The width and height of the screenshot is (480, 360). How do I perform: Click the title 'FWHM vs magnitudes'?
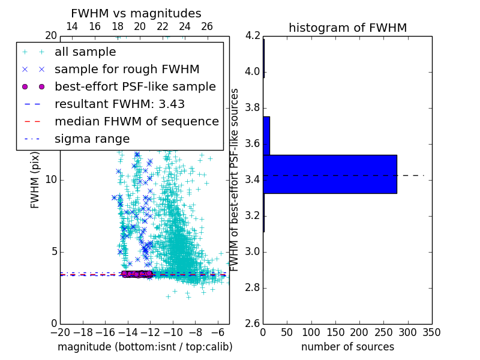click(136, 13)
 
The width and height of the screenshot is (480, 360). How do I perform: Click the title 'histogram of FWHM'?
click(347, 28)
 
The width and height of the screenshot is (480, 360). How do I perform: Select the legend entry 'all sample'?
click(85, 52)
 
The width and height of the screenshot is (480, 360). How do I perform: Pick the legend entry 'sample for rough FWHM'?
click(127, 70)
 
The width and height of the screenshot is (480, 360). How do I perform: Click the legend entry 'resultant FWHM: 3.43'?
click(119, 104)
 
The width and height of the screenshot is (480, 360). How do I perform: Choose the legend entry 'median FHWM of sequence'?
click(136, 122)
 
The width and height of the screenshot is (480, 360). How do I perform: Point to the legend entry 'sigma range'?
click(92, 139)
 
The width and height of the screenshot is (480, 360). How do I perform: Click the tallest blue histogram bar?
click(329, 174)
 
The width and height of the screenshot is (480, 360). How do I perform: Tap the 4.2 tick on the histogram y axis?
click(253, 36)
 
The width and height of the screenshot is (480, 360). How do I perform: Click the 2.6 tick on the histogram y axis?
click(253, 323)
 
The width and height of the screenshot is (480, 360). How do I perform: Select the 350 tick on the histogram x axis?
click(431, 332)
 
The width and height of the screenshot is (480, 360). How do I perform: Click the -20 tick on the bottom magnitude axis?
click(60, 332)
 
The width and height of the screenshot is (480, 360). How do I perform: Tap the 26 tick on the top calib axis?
click(207, 26)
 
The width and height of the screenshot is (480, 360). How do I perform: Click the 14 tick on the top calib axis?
click(71, 26)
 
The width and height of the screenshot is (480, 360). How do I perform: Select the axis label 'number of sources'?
click(347, 347)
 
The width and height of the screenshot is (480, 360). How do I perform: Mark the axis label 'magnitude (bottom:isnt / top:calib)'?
click(145, 347)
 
